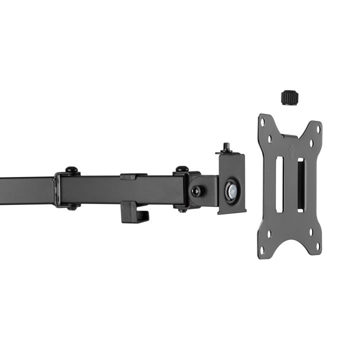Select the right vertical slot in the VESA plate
(x=300, y=184)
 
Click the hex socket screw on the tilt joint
(x=197, y=191)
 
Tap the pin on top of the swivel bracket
(x=225, y=147)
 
